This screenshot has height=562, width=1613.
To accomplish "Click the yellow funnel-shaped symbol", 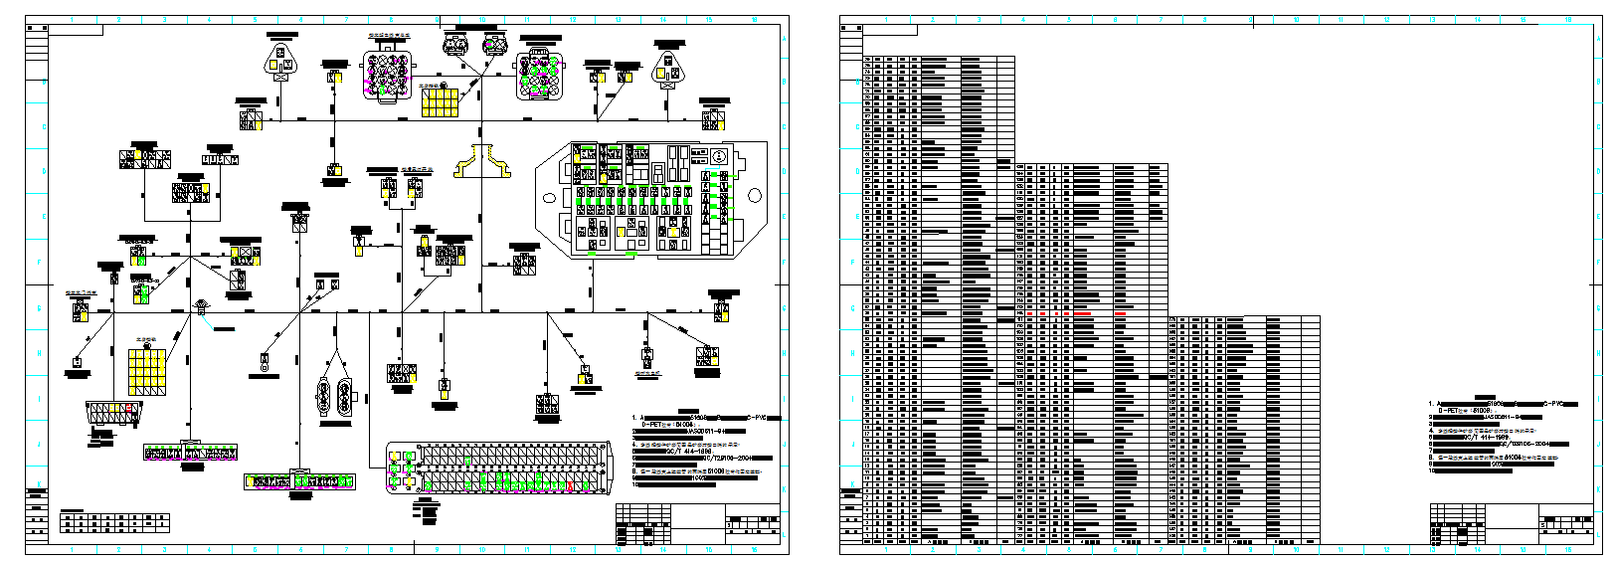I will click(483, 162).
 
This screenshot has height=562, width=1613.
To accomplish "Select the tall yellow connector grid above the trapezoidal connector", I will click(146, 370).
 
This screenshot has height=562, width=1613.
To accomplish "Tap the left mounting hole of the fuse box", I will click(548, 197).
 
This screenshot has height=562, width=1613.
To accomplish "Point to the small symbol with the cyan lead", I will click(202, 306).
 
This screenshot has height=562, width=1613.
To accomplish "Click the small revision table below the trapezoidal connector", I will click(114, 522).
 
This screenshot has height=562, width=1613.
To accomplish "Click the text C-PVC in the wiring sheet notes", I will click(760, 418).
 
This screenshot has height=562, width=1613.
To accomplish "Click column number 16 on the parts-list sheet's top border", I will click(1568, 20).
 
